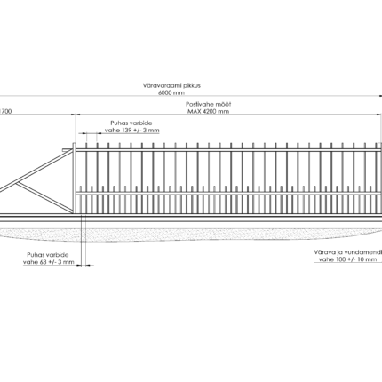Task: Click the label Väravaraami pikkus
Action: coord(171,85)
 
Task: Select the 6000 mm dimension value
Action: coord(171,92)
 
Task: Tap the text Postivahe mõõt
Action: coord(208,104)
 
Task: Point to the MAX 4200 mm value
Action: coord(208,111)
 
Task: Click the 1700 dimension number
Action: coord(5,112)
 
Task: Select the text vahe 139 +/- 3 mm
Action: coord(131,131)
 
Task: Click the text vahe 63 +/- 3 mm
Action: coord(49,262)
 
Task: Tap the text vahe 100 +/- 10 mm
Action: coord(347,259)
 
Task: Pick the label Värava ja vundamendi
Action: coord(348,252)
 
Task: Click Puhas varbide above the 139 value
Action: coord(131,123)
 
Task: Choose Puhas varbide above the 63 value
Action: coord(48,255)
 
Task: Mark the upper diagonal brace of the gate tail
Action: coord(36,171)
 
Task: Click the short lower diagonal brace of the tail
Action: coord(44,197)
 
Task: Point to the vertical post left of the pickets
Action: coord(74,178)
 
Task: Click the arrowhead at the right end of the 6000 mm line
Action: coord(380,96)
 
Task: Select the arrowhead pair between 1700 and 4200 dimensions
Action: coord(76,115)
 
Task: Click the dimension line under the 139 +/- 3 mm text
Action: coord(90,133)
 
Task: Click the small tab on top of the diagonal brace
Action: coord(65,150)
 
